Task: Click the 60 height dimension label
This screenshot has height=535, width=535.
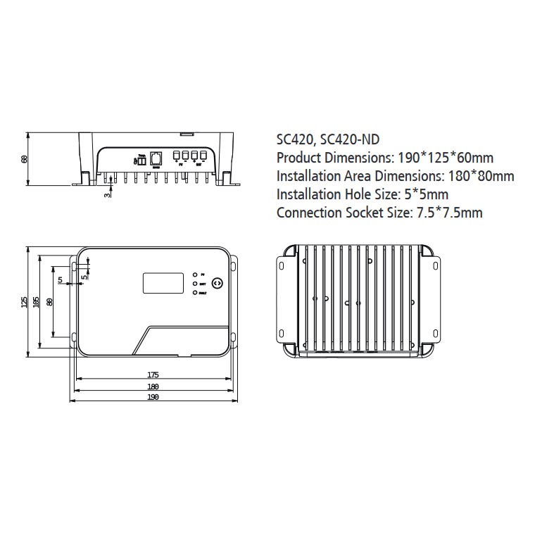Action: [x=25, y=158]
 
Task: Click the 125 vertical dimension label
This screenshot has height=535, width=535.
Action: [x=25, y=302]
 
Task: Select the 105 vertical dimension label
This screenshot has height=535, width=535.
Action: [x=36, y=302]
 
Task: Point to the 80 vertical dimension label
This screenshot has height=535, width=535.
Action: [x=49, y=302]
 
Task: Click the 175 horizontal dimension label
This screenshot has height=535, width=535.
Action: [x=153, y=374]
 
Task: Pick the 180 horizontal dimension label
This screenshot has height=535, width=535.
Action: [x=153, y=386]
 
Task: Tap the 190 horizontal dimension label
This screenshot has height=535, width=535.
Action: [x=153, y=397]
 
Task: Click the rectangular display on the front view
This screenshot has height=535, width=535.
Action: [x=164, y=283]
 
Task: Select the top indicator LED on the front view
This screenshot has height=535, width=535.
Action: [x=194, y=273]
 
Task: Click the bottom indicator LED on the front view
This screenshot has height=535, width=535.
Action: [x=194, y=291]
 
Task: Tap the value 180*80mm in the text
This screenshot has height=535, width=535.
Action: [x=481, y=176]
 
